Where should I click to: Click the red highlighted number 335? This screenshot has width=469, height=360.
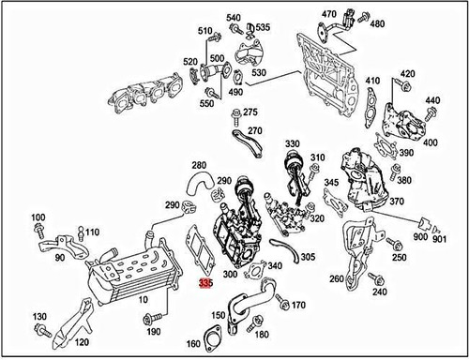[x=206, y=283]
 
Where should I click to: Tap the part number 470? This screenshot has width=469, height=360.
[x=329, y=14]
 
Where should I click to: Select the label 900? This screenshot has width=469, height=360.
[x=420, y=236]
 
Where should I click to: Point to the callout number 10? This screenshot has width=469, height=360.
[x=143, y=300]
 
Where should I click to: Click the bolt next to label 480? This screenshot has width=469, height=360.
[x=363, y=18]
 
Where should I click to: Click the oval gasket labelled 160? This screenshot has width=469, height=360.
[x=212, y=339]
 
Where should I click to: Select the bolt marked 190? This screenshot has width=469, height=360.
[x=152, y=319]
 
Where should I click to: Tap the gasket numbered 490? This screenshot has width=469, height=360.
[x=238, y=77]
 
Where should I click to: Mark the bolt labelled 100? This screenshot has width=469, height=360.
[x=38, y=231]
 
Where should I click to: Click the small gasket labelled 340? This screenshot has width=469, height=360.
[x=256, y=270]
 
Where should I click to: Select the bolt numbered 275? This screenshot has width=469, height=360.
[x=236, y=117]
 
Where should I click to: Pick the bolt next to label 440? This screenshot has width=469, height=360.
[x=431, y=113]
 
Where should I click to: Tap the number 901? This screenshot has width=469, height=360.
[x=440, y=239]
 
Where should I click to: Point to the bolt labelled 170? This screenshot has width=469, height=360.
[x=283, y=303]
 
